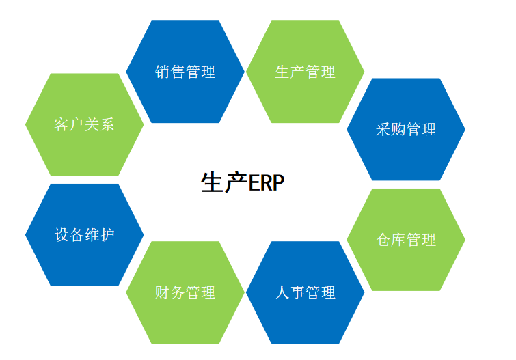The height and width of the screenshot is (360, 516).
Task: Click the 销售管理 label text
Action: click(x=185, y=72)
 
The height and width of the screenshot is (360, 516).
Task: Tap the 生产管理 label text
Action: click(x=305, y=72)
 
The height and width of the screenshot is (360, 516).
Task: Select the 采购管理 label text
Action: click(x=406, y=129)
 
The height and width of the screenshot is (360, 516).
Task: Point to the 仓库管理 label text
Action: click(x=406, y=240)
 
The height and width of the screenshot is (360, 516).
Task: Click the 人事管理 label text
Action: click(x=305, y=292)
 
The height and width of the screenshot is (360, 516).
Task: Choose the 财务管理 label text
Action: click(x=185, y=292)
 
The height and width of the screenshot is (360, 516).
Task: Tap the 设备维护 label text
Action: click(x=85, y=235)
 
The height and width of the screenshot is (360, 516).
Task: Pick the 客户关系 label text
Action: click(x=85, y=125)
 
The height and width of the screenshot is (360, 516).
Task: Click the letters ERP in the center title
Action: click(x=267, y=183)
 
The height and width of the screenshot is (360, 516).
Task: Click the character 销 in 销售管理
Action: click(x=162, y=72)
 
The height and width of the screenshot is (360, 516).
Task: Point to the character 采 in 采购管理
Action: click(x=383, y=129)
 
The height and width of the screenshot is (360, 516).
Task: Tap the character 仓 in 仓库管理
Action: click(x=383, y=240)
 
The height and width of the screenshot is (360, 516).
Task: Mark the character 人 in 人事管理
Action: click(x=282, y=292)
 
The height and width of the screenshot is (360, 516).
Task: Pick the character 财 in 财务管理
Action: click(x=162, y=292)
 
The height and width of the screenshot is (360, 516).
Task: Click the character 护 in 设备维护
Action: click(x=107, y=235)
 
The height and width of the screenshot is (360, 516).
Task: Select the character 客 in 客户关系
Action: click(x=62, y=125)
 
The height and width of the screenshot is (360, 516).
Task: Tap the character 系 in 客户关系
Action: click(x=107, y=125)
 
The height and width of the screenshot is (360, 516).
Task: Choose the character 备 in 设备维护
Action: click(x=77, y=235)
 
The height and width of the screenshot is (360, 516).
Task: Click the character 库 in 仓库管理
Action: click(x=398, y=240)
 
